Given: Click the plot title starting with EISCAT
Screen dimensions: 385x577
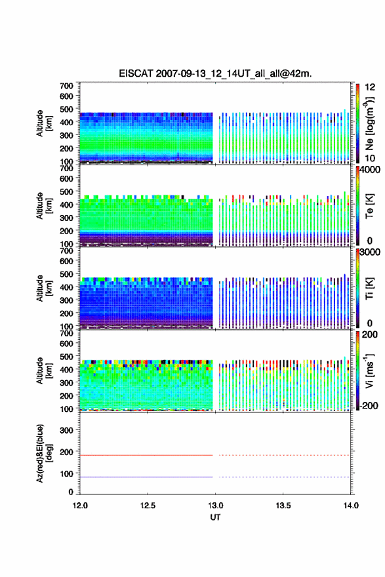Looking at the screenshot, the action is [215, 73].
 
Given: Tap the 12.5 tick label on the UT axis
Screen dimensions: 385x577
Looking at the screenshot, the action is [148, 506].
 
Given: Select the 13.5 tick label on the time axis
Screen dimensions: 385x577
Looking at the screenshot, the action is [283, 506].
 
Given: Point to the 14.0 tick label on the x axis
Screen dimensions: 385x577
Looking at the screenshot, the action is [351, 506].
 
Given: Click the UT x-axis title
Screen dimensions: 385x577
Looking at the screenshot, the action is [215, 517].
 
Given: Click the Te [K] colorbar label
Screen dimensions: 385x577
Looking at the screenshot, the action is [369, 206].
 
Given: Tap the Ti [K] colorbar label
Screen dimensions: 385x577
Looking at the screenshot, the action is [369, 288].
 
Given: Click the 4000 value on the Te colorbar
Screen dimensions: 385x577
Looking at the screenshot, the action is [370, 170].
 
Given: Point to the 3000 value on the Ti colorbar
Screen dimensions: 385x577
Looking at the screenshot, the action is [370, 252].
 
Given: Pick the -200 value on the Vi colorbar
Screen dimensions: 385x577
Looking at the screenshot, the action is [369, 405].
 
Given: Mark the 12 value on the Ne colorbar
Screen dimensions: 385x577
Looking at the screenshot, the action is [370, 87].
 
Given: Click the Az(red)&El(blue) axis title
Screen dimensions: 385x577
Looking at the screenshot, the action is [43, 453].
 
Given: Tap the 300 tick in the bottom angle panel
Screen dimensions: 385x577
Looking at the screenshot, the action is [66, 430].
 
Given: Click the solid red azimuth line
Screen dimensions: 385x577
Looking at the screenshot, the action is [146, 455].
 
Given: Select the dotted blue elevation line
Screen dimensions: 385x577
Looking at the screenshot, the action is [284, 477].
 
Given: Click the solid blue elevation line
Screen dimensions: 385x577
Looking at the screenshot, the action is [146, 477].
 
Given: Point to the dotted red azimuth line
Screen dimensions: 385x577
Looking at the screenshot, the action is [284, 455].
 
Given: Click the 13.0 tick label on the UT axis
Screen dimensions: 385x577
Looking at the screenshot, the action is [215, 506].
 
